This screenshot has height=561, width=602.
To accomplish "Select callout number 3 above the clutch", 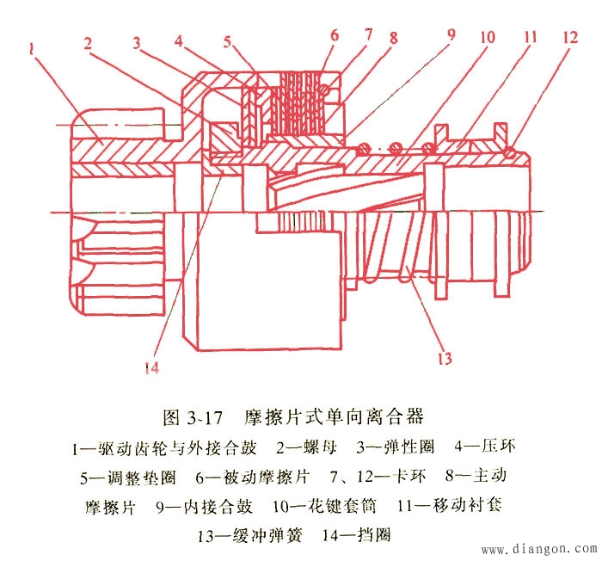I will coord(138,42).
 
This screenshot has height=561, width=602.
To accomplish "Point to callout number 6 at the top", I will coord(334,36).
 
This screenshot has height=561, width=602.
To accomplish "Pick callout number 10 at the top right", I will coord(488,37).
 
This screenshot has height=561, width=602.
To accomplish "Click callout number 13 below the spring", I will coord(445,356).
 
